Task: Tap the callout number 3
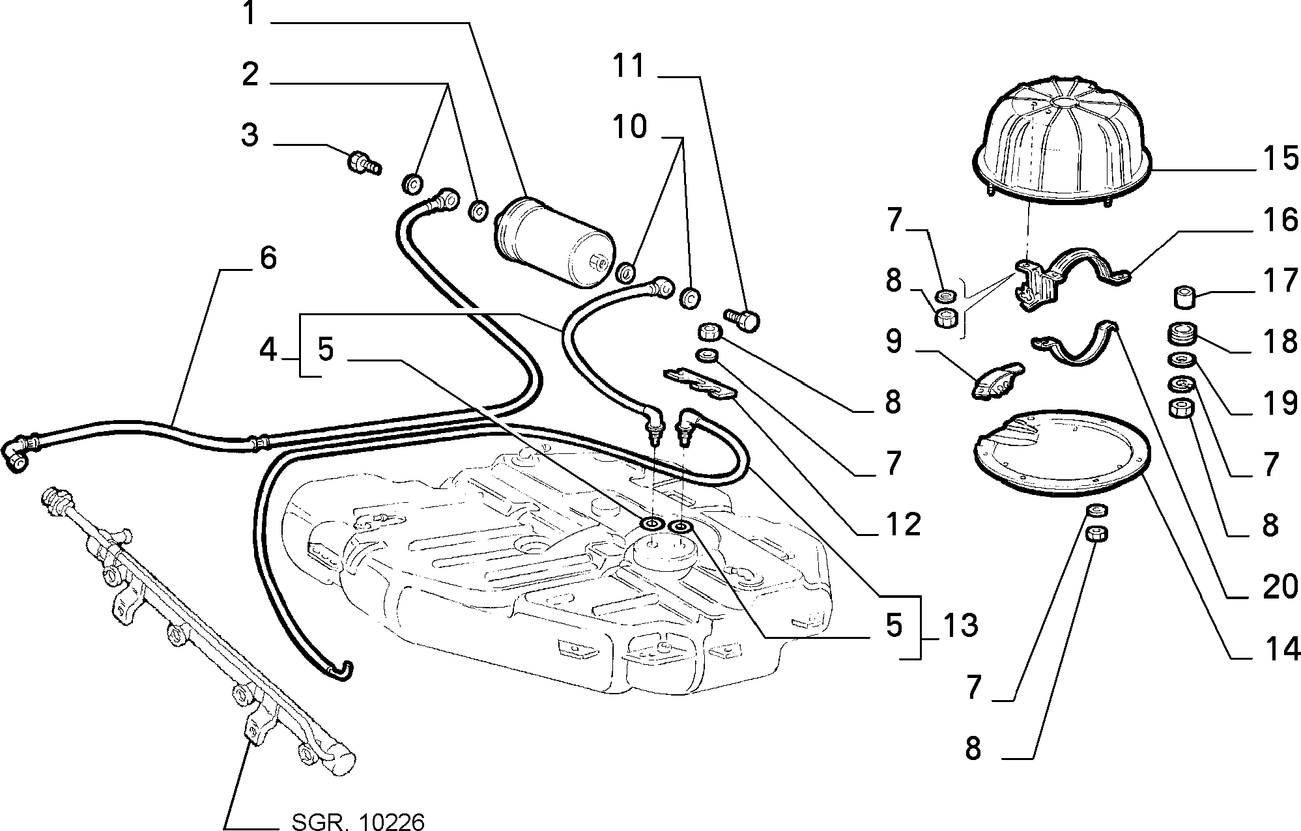(250, 135)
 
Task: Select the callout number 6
(268, 258)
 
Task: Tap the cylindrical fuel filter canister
(554, 241)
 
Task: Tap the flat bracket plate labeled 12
(700, 384)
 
